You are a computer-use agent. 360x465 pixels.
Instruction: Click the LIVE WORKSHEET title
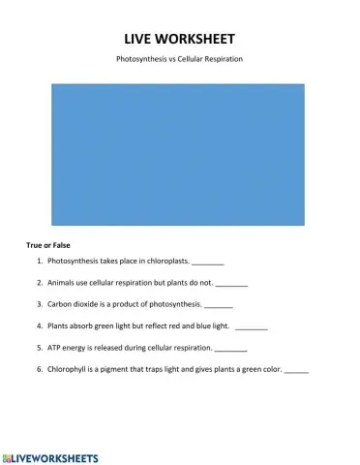point(179,38)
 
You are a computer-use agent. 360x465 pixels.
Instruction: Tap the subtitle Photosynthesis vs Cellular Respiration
point(179,59)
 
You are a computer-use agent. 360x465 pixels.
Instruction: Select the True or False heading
point(48,245)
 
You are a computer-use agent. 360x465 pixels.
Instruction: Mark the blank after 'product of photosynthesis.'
point(218,306)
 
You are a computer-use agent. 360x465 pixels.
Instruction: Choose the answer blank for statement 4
point(251,327)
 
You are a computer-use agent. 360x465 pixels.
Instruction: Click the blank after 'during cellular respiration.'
point(230,349)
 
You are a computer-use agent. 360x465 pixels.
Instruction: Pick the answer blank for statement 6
point(296,370)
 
